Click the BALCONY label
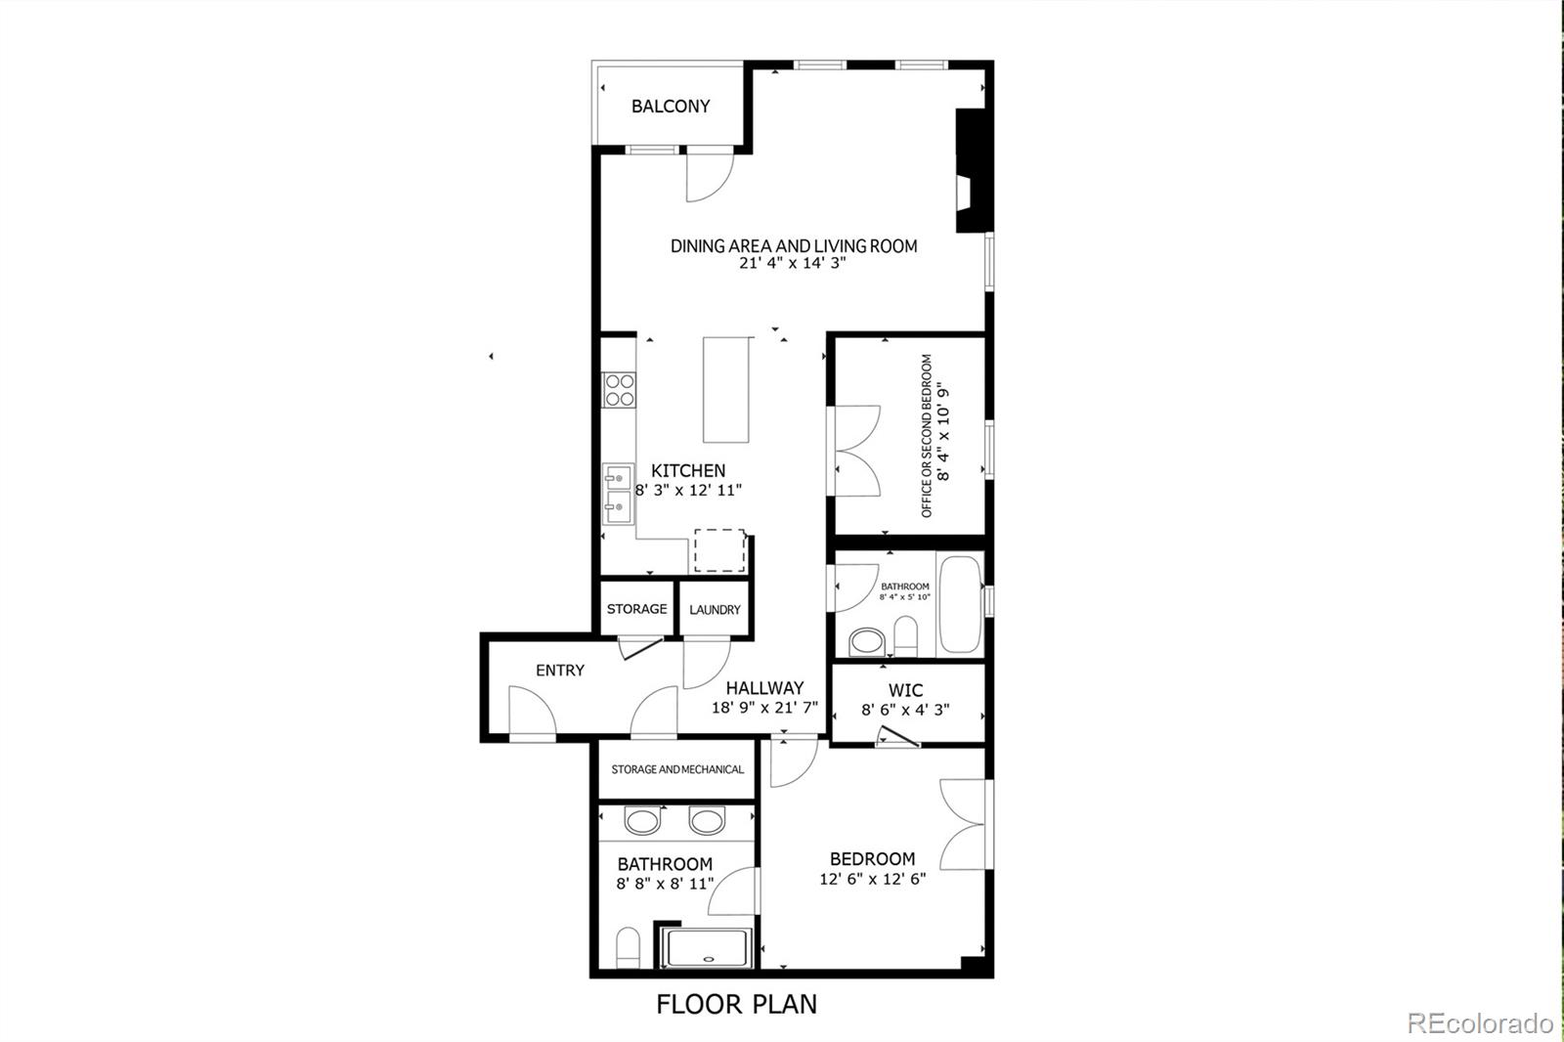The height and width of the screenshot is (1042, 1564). tap(671, 107)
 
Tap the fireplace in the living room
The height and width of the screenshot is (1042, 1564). tap(970, 171)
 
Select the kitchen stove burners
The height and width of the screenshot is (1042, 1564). tap(618, 389)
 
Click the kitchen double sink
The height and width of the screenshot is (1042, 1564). tap(617, 490)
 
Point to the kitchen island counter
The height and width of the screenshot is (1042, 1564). tap(728, 390)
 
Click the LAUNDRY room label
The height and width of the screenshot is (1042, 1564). tap(715, 610)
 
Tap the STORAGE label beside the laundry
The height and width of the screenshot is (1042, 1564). tap(636, 609)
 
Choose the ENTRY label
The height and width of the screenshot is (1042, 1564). tap(560, 671)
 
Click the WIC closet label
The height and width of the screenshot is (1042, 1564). tap(906, 690)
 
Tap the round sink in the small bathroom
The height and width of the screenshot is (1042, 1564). tap(866, 641)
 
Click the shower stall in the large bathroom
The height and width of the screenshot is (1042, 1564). tap(707, 948)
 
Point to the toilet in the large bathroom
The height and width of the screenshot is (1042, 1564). tap(628, 948)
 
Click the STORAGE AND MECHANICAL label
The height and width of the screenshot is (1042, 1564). tap(677, 769)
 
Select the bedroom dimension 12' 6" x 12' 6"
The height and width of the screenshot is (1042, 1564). tap(873, 879)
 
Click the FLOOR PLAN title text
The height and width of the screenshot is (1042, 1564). tap(736, 1004)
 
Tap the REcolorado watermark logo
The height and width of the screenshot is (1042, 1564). tap(1480, 1023)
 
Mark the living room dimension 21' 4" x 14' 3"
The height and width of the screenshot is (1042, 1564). tap(793, 264)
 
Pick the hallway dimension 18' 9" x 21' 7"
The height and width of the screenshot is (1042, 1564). tap(764, 707)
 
